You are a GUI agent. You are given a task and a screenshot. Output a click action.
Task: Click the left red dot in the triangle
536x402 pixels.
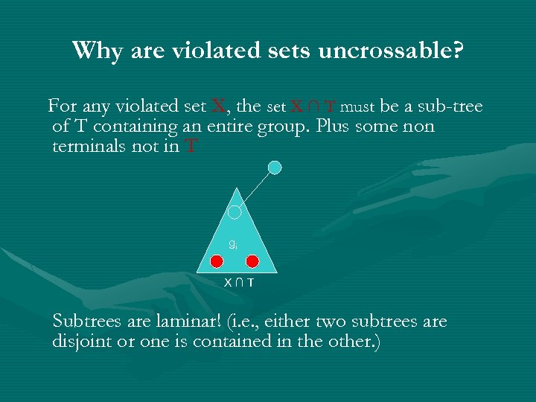(x=216, y=261)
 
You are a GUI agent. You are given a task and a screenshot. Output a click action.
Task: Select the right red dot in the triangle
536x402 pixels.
(x=252, y=261)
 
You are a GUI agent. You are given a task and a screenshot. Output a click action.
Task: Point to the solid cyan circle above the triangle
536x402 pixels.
(x=275, y=167)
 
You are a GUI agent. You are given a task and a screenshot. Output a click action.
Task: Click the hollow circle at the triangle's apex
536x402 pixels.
(x=234, y=212)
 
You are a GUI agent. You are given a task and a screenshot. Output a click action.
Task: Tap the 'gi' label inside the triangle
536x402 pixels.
(x=233, y=243)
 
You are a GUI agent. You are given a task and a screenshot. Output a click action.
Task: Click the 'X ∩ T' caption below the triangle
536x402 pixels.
(x=239, y=283)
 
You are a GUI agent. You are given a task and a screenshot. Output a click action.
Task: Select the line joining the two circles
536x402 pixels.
(x=255, y=189)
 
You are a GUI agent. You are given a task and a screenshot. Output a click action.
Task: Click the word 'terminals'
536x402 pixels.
(x=90, y=147)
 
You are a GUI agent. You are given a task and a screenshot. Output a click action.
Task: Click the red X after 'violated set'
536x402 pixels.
(x=220, y=106)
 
